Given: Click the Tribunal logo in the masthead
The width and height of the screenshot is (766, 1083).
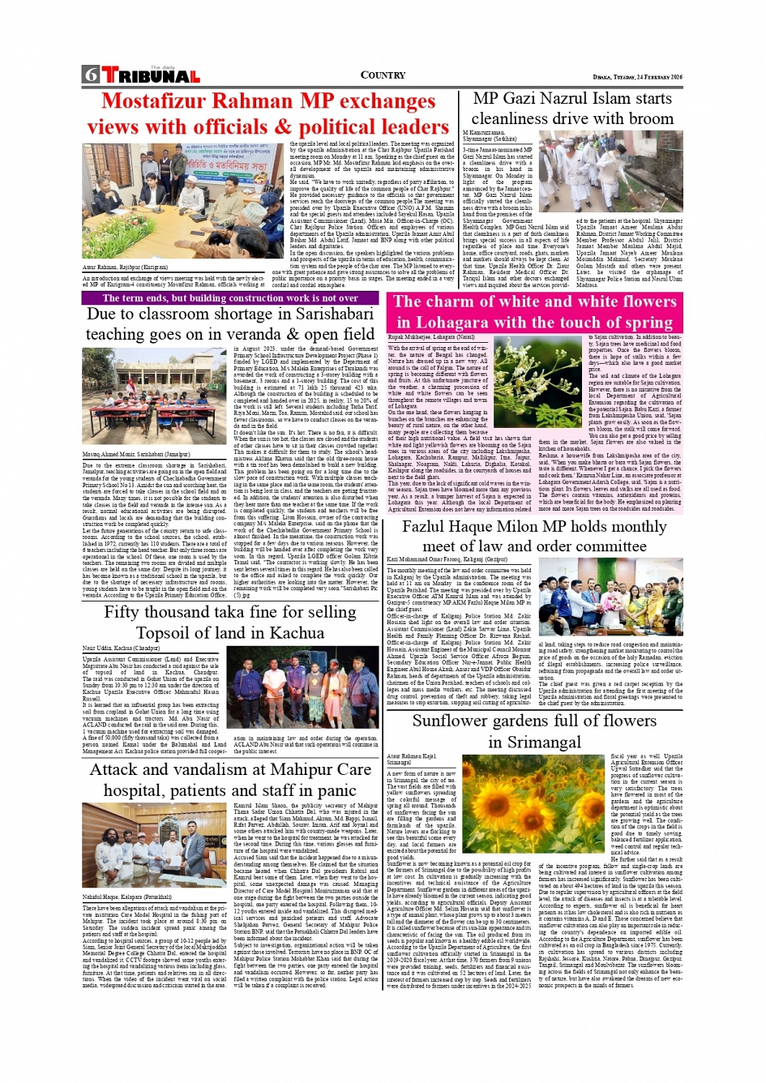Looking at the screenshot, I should pos(151,76).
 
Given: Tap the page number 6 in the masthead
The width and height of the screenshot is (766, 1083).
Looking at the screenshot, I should pos(90,76).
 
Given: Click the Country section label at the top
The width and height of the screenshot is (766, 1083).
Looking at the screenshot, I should pos(383,75).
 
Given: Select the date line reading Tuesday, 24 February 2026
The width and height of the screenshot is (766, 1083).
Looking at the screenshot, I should pos(637,77).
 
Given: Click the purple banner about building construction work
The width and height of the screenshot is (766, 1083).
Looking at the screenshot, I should pos(230,298).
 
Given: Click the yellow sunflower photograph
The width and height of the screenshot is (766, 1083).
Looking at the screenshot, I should pos(533,803).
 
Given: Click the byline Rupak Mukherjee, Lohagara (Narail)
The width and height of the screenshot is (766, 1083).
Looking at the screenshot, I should pos(431,336).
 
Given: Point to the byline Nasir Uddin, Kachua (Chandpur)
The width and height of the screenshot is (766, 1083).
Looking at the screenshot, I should pos(121,649).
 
